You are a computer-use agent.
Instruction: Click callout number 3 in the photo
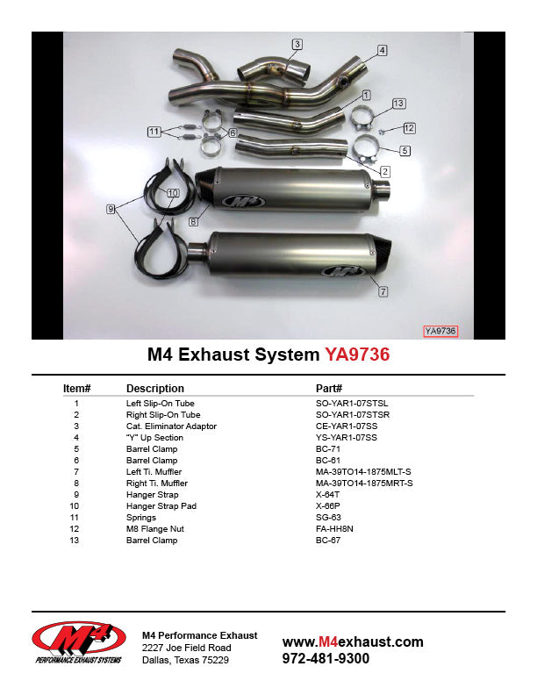click(297, 44)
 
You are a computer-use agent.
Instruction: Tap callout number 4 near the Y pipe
click(382, 50)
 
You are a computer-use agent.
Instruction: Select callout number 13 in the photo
click(398, 104)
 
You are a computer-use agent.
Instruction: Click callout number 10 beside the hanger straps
click(172, 192)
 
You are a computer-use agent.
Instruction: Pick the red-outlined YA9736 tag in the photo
click(440, 331)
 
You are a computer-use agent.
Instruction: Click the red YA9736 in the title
click(357, 355)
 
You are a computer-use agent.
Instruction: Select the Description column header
click(154, 388)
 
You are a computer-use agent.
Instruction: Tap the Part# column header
click(328, 388)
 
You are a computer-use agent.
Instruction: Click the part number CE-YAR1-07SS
click(352, 426)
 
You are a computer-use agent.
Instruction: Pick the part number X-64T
click(329, 495)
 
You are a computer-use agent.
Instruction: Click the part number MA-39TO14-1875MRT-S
click(363, 484)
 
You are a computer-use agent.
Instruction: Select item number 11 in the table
click(77, 518)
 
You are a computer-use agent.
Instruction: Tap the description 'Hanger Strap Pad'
click(161, 506)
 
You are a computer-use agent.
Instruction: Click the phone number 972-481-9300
click(326, 658)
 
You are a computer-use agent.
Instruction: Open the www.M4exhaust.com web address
click(353, 641)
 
